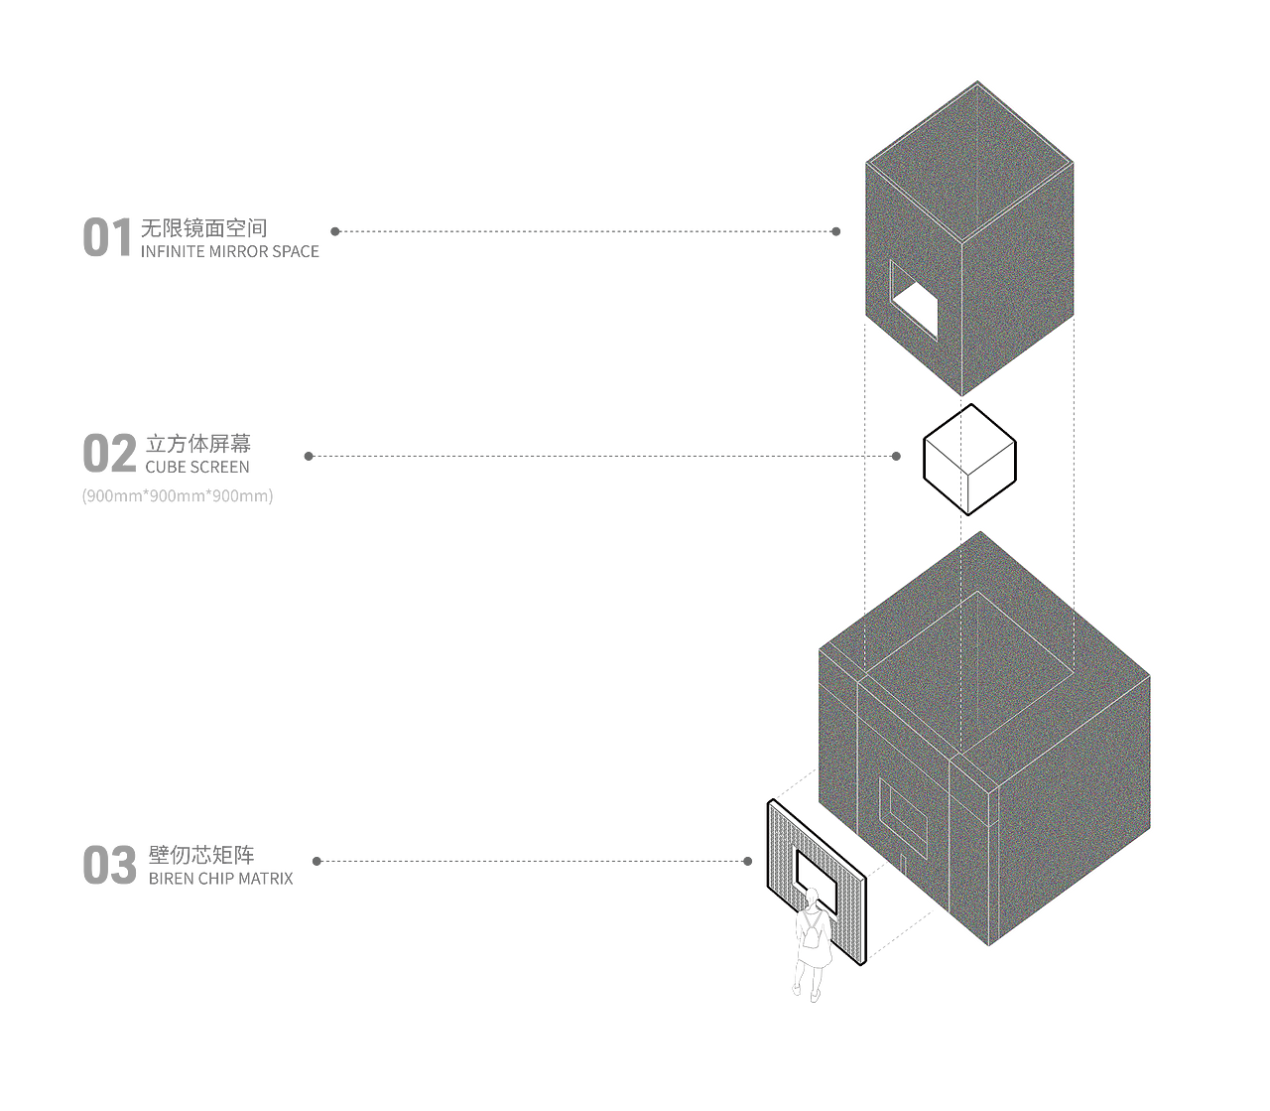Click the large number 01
(106, 239)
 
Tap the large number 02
(109, 454)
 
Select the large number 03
(109, 865)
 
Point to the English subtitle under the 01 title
(230, 252)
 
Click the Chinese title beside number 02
(198, 443)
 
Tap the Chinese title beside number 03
(201, 852)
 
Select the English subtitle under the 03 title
(220, 879)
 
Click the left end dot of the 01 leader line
(335, 231)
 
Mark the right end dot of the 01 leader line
(835, 231)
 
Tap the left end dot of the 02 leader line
(309, 457)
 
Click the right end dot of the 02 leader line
(896, 457)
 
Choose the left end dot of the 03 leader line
(317, 861)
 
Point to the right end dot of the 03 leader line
(747, 861)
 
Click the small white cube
(969, 460)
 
